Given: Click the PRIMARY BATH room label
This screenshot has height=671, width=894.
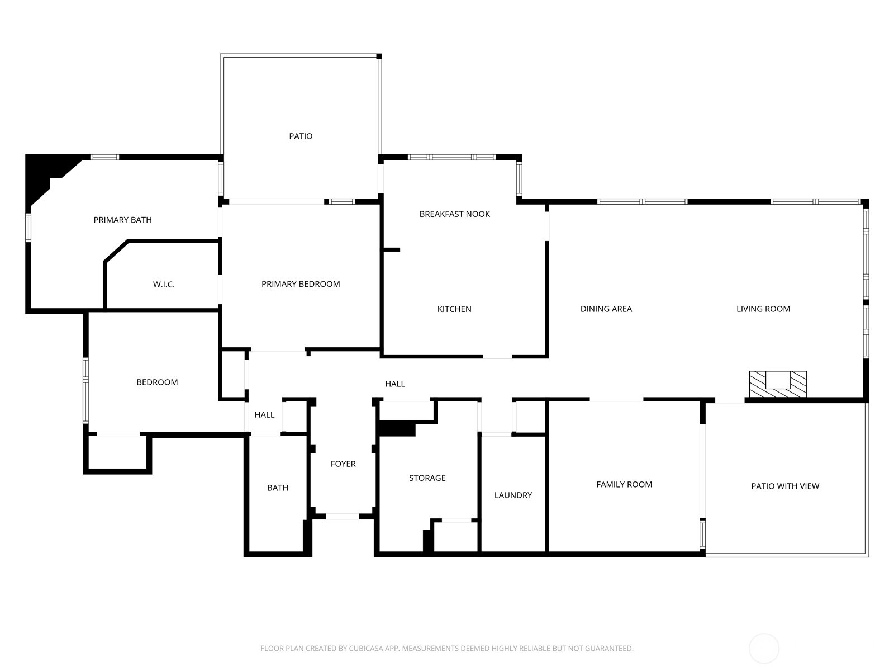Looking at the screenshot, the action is pyautogui.click(x=122, y=220).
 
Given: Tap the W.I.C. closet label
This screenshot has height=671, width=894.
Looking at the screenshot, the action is pyautogui.click(x=164, y=285).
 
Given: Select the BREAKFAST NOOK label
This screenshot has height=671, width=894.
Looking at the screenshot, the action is pyautogui.click(x=454, y=214).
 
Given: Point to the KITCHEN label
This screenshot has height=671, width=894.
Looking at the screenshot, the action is pyautogui.click(x=454, y=309).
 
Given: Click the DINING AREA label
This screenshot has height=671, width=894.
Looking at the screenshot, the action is pyautogui.click(x=606, y=309).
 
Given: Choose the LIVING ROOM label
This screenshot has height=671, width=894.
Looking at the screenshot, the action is pyautogui.click(x=763, y=309).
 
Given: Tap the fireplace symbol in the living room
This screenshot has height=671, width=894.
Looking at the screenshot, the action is pyautogui.click(x=778, y=384).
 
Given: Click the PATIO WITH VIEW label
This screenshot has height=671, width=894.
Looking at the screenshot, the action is pyautogui.click(x=785, y=486).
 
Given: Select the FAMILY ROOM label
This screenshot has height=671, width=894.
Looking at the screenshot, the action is pyautogui.click(x=624, y=484).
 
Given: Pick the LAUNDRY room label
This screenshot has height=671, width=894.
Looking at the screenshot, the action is pyautogui.click(x=513, y=495).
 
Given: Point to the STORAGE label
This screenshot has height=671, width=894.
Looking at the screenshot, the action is pyautogui.click(x=427, y=478).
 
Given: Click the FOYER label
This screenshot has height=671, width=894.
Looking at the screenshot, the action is pyautogui.click(x=343, y=464).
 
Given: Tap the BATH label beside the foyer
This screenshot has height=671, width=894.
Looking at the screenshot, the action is pyautogui.click(x=277, y=488).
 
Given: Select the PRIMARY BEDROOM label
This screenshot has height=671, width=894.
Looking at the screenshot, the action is pyautogui.click(x=301, y=284).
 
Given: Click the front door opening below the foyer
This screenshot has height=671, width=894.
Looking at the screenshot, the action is pyautogui.click(x=342, y=516).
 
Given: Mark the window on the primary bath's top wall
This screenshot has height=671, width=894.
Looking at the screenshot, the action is pyautogui.click(x=104, y=157).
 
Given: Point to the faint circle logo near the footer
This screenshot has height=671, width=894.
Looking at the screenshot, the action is pyautogui.click(x=764, y=649).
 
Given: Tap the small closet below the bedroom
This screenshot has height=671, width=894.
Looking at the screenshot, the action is pyautogui.click(x=118, y=452).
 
